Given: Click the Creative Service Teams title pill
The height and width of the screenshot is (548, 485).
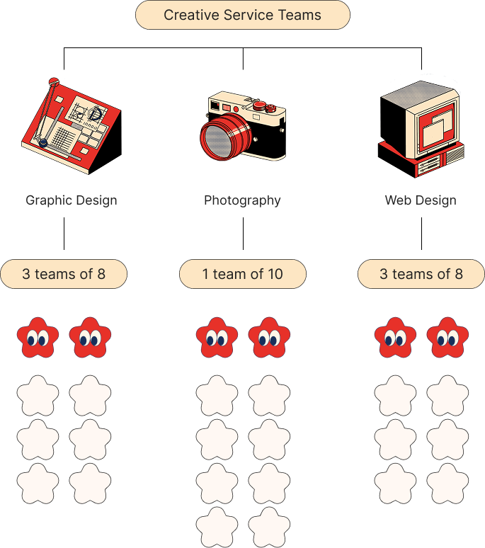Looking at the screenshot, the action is [242, 15].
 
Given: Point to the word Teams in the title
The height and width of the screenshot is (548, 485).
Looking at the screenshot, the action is [299, 15].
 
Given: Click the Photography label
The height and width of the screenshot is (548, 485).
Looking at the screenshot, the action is [242, 200].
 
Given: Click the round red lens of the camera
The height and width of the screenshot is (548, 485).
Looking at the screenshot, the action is [223, 137].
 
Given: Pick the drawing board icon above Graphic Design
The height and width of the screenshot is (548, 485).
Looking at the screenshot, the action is [69, 126].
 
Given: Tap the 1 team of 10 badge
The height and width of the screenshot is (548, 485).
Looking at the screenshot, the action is [242, 274].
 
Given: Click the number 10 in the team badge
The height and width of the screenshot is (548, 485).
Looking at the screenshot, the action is [275, 274].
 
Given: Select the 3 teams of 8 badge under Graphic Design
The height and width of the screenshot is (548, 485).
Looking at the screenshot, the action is [64, 274].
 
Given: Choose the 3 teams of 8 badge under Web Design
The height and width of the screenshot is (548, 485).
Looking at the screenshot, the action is [421, 274].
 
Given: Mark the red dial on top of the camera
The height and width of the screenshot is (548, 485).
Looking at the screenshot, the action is [261, 105].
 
